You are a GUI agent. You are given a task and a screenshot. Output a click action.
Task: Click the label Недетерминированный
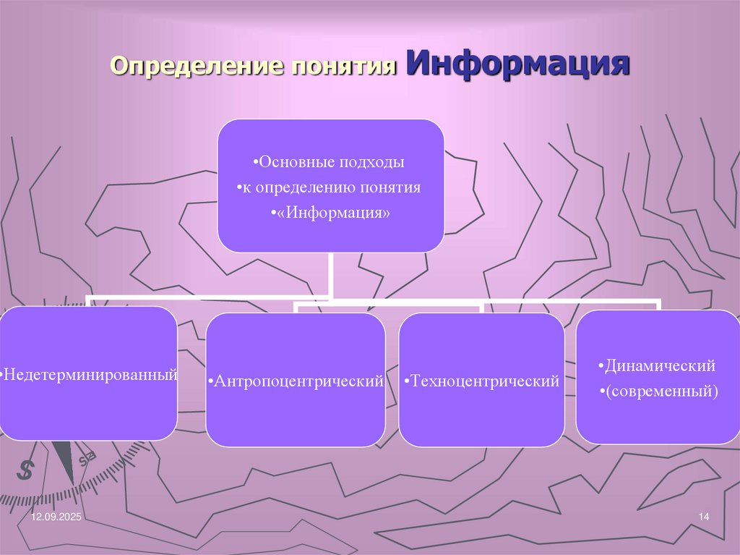[x=90, y=375]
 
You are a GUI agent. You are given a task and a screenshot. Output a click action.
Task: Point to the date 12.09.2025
[x=57, y=518]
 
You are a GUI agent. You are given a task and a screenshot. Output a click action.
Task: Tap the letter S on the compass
[x=25, y=470]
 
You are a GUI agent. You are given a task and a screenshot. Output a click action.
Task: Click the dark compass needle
[x=64, y=460]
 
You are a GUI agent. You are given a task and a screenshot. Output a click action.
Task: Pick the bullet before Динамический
[x=601, y=367]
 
